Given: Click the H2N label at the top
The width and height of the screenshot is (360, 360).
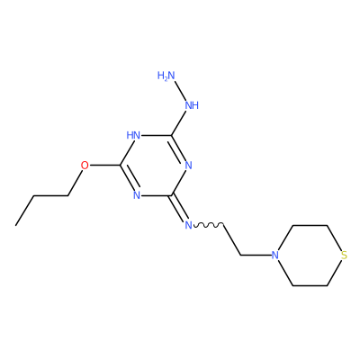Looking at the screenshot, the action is [166, 76].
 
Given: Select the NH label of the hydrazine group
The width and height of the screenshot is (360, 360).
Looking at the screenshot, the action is [192, 105].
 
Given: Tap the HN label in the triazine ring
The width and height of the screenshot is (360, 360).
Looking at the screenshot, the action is [133, 135].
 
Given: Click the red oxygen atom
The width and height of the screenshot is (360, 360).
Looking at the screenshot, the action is [85, 166].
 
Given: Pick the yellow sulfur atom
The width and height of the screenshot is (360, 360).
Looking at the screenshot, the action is [344, 256].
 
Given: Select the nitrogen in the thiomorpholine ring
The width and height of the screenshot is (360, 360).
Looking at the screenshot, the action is [274, 256].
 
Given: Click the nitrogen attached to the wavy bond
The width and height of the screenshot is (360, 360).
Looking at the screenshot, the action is [188, 225].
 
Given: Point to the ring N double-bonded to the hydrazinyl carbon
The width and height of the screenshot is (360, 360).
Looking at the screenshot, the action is [188, 166].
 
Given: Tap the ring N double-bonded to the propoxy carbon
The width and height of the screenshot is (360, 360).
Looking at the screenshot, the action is [137, 195].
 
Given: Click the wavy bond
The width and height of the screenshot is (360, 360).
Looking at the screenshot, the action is [208, 225].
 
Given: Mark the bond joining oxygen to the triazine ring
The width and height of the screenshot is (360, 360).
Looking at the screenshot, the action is [104, 166].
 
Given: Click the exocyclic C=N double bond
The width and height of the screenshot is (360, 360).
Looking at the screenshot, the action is [179, 208].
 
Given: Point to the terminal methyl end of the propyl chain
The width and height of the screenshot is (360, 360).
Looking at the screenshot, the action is [16, 225].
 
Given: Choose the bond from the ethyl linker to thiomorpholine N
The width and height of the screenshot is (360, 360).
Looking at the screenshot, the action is [256, 256].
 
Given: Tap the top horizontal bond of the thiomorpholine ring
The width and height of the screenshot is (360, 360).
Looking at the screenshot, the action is [310, 225].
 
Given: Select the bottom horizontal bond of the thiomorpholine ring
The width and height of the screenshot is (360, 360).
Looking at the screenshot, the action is [310, 285].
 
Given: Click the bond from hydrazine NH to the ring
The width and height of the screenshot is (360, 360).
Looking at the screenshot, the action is [179, 122].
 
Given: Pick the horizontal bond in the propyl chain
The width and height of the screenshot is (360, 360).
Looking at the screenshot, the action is [50, 195].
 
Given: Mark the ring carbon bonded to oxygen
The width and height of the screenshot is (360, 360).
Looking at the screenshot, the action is [121, 166].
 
